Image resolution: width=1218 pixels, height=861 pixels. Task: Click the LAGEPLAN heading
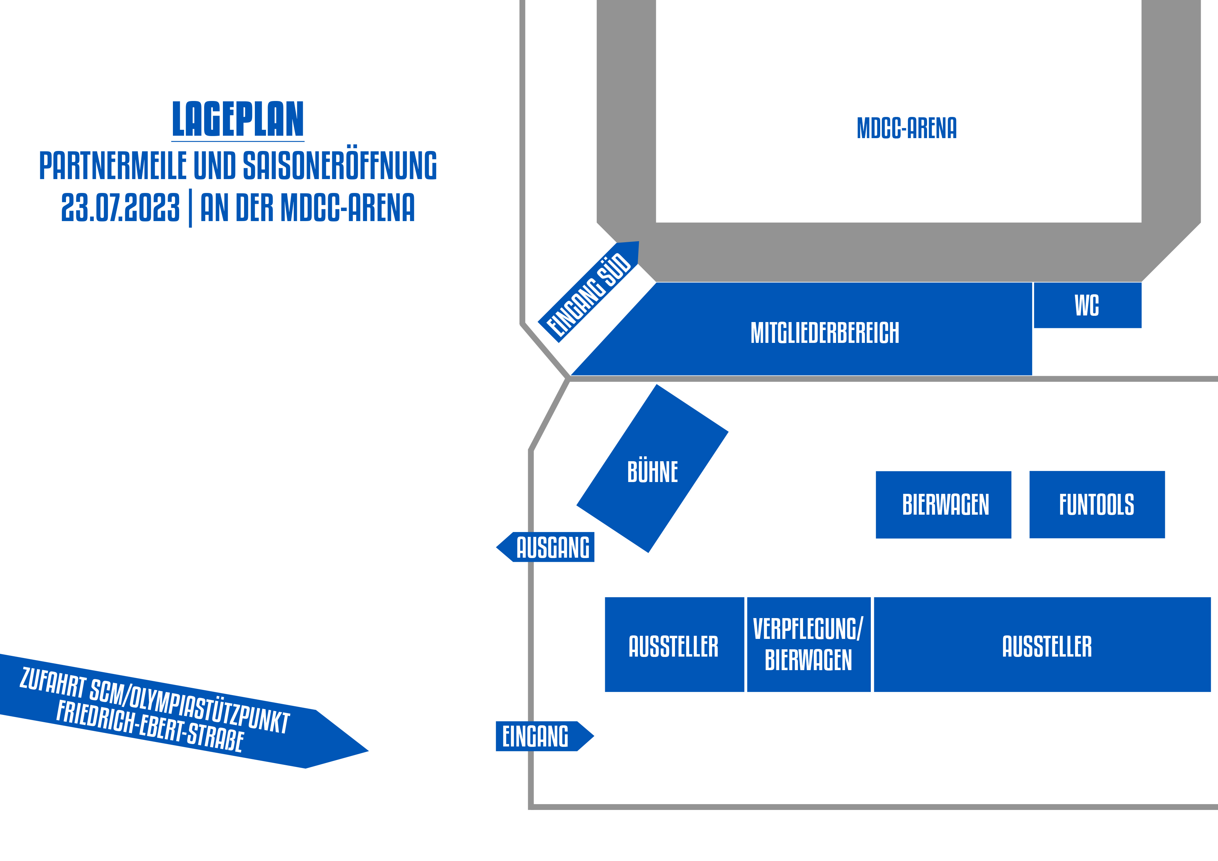point(237,119)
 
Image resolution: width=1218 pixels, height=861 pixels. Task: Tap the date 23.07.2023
point(120,207)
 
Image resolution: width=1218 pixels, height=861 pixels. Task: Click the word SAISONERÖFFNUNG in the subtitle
point(340,166)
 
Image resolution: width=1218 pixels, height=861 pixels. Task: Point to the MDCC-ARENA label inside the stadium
point(907,128)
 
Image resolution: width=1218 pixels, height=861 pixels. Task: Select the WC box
point(1087,305)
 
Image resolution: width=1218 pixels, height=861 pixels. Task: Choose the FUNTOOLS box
point(1096,504)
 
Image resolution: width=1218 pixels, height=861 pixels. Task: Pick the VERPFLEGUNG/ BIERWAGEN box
point(808,644)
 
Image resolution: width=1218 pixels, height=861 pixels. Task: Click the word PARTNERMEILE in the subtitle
point(113,166)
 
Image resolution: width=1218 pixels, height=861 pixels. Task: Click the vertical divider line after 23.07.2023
point(190,208)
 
